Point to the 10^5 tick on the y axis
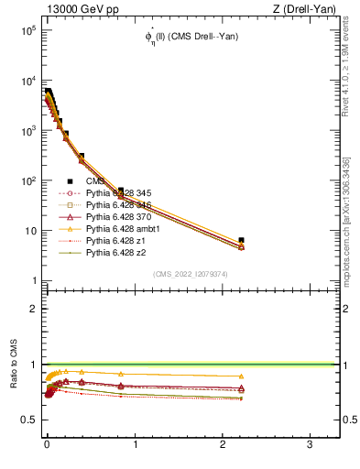click(25, 30)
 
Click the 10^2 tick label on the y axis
click(25, 180)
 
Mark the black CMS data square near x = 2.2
click(241, 240)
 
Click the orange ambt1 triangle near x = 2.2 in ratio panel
click(241, 376)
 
